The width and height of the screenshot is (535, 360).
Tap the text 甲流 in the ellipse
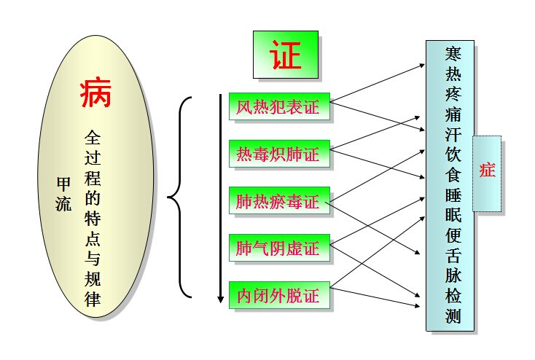[x=64, y=194]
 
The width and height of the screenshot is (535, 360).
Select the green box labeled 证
[x=285, y=54]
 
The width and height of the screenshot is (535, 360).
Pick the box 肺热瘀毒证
[x=278, y=201]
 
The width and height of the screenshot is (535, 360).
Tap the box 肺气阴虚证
[x=278, y=249]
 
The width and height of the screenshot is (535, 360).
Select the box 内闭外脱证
[x=278, y=296]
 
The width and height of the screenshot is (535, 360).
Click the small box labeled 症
[x=486, y=172]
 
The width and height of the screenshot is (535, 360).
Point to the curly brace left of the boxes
[x=179, y=197]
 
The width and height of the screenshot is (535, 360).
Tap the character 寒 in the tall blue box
[x=453, y=55]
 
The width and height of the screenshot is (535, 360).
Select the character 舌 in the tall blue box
[x=453, y=255]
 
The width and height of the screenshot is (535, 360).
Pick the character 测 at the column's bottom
[x=453, y=316]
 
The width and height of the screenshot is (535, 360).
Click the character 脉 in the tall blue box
[x=453, y=275]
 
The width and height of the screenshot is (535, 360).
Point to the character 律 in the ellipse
[x=93, y=298]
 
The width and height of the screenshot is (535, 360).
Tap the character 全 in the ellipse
[x=93, y=136]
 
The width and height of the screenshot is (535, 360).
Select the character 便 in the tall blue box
[x=453, y=235]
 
